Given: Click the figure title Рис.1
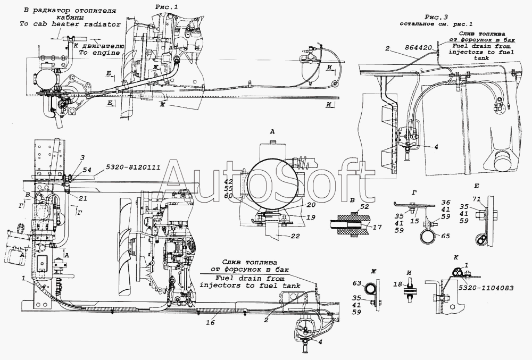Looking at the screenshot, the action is (166, 7).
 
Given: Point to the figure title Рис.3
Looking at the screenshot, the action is (436, 18).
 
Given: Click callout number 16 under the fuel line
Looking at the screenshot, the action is (210, 322).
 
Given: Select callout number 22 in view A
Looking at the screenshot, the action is (295, 236).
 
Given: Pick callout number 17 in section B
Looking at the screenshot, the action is (377, 228).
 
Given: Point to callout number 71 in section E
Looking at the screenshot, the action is (476, 199).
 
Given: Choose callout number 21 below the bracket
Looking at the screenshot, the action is (82, 199).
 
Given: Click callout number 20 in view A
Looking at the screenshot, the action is (311, 205).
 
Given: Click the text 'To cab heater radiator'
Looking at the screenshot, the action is (70, 24).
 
